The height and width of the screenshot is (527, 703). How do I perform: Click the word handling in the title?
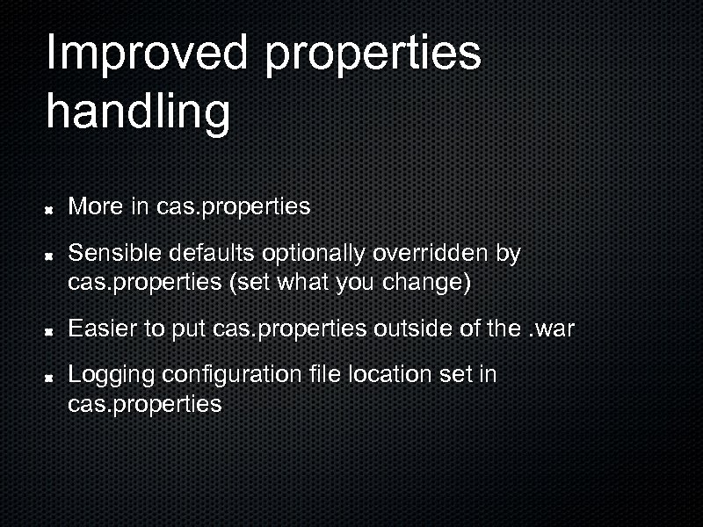138,112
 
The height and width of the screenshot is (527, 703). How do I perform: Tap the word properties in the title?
373,54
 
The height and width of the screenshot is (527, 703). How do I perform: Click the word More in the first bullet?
96,207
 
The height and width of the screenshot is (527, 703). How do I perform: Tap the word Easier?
103,329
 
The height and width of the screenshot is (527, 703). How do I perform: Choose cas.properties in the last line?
145,406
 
